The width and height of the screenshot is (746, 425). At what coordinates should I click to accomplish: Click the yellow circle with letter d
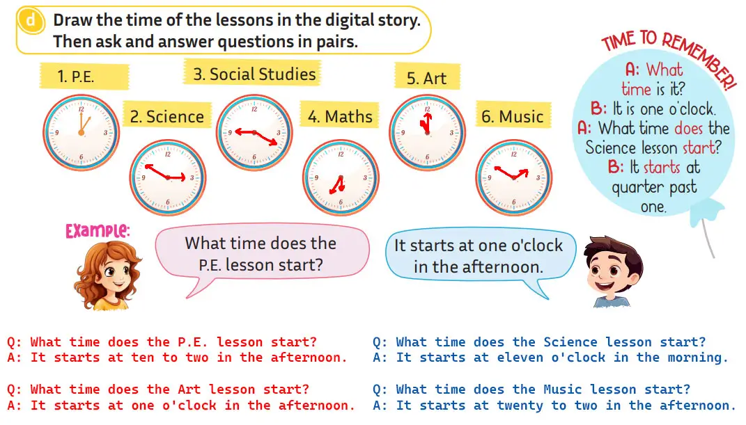click(31, 21)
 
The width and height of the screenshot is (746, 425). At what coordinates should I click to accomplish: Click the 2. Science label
click(167, 116)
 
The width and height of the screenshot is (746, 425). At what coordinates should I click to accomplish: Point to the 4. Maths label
click(340, 115)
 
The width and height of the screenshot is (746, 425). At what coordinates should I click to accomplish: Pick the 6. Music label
click(513, 115)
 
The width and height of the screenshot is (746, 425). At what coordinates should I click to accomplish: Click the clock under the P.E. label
click(81, 132)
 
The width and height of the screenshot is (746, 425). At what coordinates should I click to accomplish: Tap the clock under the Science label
click(168, 177)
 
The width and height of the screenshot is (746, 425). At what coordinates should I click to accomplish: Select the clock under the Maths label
click(341, 177)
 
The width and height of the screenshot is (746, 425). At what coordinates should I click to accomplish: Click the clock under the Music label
click(514, 177)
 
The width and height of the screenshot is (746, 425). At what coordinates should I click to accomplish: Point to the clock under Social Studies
click(254, 132)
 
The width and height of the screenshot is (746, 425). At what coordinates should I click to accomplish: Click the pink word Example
click(98, 231)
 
